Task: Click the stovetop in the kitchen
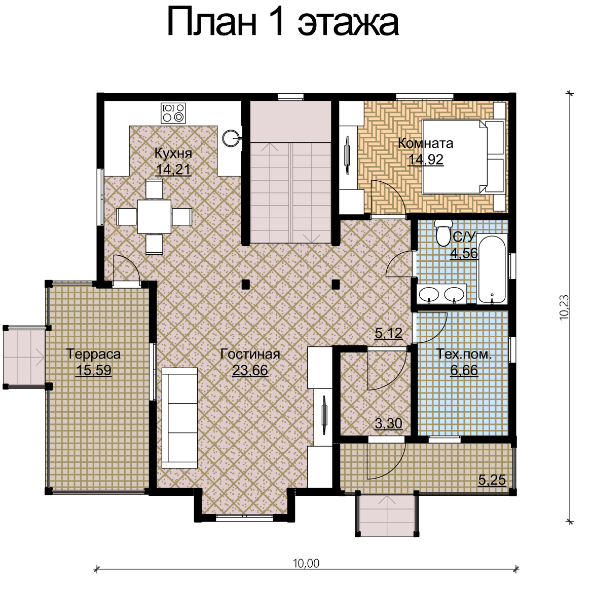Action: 173,113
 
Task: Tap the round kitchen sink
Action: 231,138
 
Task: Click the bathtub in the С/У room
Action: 492,269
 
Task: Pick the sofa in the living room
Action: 180,418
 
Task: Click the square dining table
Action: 154,216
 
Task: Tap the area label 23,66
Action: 250,370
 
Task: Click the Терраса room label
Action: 94,354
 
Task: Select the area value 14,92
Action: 426,160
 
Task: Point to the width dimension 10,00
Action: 306,563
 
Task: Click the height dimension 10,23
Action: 564,307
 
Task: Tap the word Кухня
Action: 173,153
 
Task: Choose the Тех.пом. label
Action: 464,354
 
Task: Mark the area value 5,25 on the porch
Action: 492,480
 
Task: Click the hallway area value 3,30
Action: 388,423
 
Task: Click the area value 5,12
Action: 388,333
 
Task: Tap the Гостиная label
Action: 250,354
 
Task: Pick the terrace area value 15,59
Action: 94,370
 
